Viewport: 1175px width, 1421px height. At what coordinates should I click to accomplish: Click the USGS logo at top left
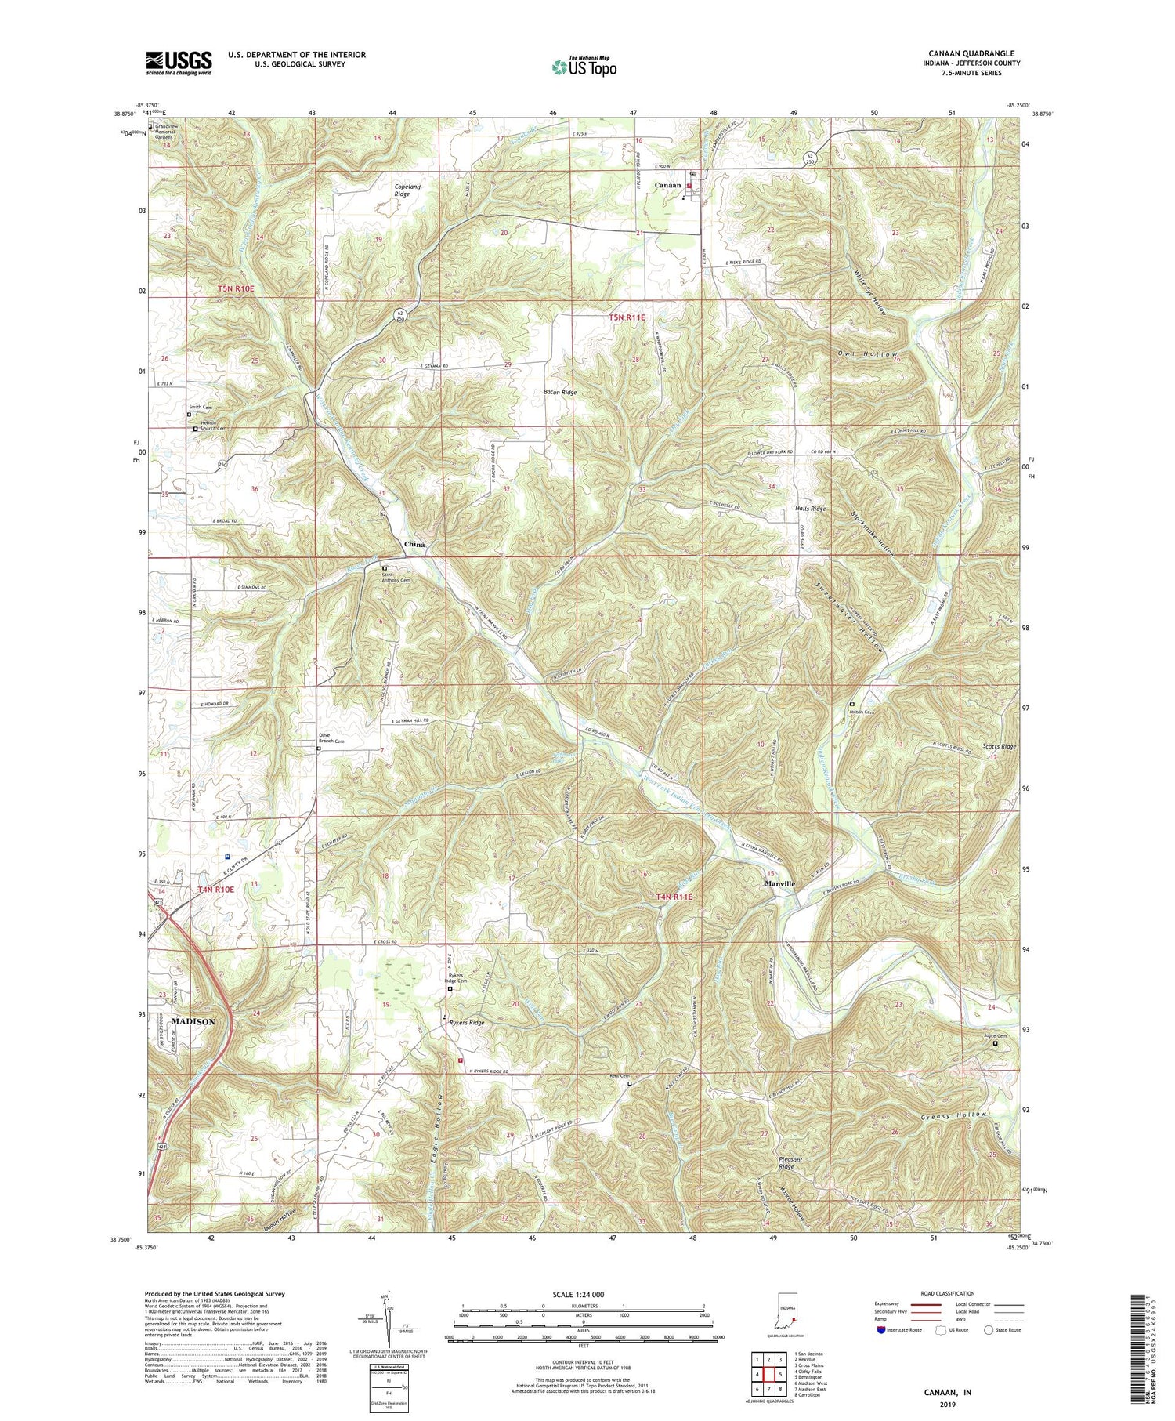pos(179,63)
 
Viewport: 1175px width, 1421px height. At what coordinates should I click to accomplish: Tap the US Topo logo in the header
pos(584,67)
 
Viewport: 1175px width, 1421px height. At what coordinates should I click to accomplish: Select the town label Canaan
pos(667,184)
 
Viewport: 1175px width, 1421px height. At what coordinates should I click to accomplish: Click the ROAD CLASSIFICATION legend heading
pos(942,1293)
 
